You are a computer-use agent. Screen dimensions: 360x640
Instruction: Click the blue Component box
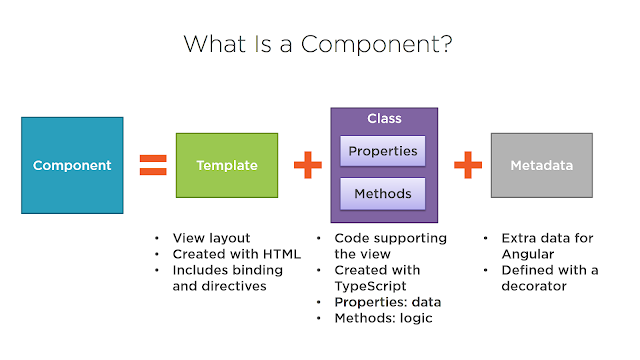pos(72,165)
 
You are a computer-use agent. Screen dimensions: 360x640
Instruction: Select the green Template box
pos(226,165)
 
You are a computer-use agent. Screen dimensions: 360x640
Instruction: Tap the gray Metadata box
pos(541,165)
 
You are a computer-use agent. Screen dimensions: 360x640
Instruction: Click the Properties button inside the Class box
pos(384,152)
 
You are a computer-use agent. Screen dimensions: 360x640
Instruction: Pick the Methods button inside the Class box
pos(384,192)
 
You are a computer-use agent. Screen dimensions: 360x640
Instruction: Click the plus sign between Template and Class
pos(307,165)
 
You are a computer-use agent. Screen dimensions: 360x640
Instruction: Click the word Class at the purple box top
pos(384,119)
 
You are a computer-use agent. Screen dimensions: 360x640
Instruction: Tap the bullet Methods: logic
pos(380,318)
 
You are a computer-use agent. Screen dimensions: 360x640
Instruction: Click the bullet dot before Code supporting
pos(321,239)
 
